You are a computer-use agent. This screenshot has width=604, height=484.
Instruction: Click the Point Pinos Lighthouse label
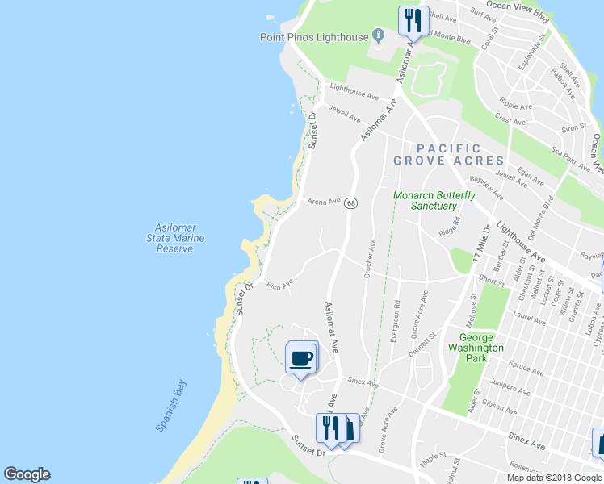pos(313,37)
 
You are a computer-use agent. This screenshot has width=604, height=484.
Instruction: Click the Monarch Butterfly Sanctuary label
pos(434,201)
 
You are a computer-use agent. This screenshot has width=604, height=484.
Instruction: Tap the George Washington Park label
pos(481,343)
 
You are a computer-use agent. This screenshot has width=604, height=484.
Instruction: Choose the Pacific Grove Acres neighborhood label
pos(448,154)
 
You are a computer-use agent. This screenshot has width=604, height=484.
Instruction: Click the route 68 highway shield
pos(350,203)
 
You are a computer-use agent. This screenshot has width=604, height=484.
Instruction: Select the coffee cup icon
pos(301,357)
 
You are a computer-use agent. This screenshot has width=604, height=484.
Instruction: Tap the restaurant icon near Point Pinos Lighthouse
pos(414,20)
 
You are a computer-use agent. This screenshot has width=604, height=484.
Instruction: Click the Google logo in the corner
pos(27,474)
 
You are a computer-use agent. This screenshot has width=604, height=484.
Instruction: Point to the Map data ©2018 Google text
pos(555,478)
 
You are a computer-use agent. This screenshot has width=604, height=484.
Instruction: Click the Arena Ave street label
pos(324,201)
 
